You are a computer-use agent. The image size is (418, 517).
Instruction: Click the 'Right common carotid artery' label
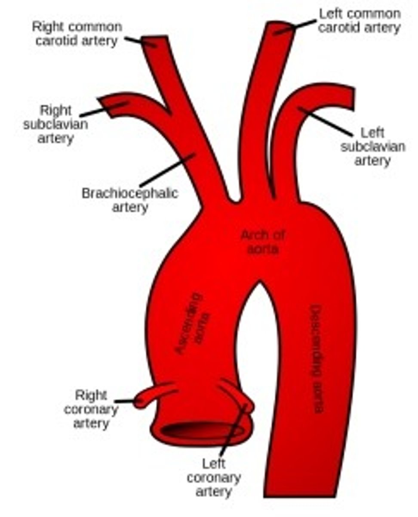click(77, 34)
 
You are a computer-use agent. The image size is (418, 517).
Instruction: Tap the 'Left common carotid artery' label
click(360, 20)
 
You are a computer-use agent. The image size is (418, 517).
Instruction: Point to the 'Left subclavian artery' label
click(372, 146)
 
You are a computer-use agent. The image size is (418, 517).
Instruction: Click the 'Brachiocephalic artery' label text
click(129, 199)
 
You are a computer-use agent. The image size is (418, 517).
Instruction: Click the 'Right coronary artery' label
click(91, 409)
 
